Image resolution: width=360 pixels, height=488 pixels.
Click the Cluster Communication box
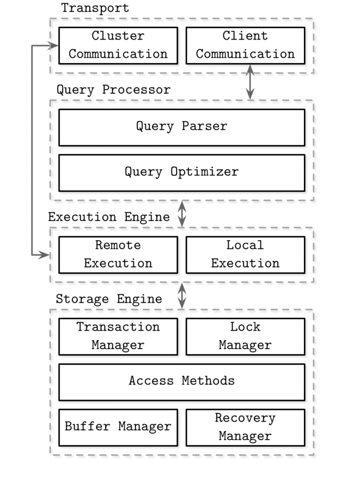click(x=118, y=46)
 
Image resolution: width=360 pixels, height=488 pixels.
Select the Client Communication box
click(x=245, y=46)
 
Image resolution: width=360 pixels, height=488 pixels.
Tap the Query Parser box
click(x=181, y=127)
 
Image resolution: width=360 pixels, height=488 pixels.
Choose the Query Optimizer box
click(x=181, y=173)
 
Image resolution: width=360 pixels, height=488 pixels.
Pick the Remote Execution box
click(x=118, y=254)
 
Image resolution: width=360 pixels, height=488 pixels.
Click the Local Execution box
click(x=245, y=254)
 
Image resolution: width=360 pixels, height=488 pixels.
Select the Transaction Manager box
click(x=118, y=336)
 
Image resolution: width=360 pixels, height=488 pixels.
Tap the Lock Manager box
click(x=245, y=336)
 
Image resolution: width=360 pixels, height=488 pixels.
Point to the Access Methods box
click(x=181, y=381)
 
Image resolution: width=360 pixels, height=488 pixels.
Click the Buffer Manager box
click(x=118, y=426)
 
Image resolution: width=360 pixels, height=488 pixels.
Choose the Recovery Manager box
click(x=245, y=426)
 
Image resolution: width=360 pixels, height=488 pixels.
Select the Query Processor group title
click(x=113, y=90)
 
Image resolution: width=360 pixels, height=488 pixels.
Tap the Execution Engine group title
click(x=109, y=217)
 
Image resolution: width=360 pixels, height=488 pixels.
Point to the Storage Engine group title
click(x=109, y=299)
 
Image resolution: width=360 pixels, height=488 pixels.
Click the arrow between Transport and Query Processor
click(x=250, y=82)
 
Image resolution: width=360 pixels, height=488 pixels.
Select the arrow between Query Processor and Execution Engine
click(x=182, y=213)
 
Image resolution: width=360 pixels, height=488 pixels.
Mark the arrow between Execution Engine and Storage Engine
click(x=182, y=295)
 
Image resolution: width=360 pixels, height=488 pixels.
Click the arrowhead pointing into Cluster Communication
click(x=53, y=46)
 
